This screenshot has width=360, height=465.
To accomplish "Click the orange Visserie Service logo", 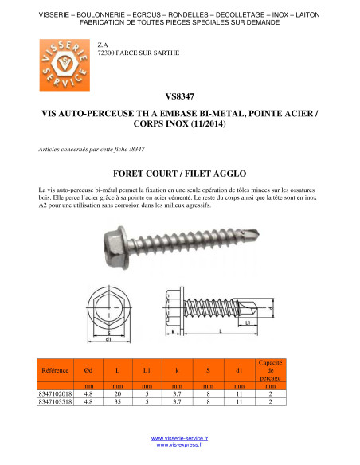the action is [65, 65].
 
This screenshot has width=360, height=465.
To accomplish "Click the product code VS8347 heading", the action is [180, 96].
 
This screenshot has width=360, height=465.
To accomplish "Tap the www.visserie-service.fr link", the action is [179, 438].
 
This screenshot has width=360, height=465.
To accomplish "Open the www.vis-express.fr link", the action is [180, 444].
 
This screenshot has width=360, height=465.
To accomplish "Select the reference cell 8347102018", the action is [55, 394].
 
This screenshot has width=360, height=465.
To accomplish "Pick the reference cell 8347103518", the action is [55, 401].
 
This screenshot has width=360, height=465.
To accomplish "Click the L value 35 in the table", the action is [118, 401].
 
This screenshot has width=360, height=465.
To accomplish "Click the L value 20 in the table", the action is [118, 394].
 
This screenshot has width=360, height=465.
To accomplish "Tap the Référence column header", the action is [55, 370].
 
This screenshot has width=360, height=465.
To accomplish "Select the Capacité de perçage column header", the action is [270, 370].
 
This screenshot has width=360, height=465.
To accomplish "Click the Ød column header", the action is [88, 370].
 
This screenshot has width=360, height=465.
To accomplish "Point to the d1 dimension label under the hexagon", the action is [108, 339].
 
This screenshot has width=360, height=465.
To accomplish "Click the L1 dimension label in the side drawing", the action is [248, 322].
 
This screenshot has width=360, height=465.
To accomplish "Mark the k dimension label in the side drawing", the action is [173, 331].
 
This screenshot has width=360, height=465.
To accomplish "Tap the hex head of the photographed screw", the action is [116, 248].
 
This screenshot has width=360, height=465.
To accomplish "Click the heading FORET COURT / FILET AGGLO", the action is [180, 174].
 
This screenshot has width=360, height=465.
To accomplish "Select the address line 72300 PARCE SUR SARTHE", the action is [139, 53].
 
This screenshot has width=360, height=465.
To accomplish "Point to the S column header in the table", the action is [208, 370].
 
